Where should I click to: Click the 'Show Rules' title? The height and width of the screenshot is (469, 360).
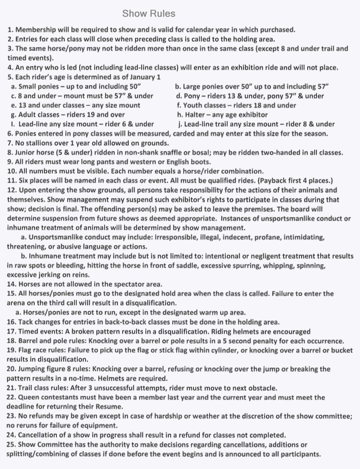[x=149, y=13]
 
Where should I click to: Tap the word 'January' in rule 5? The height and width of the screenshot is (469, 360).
[x=140, y=77]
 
